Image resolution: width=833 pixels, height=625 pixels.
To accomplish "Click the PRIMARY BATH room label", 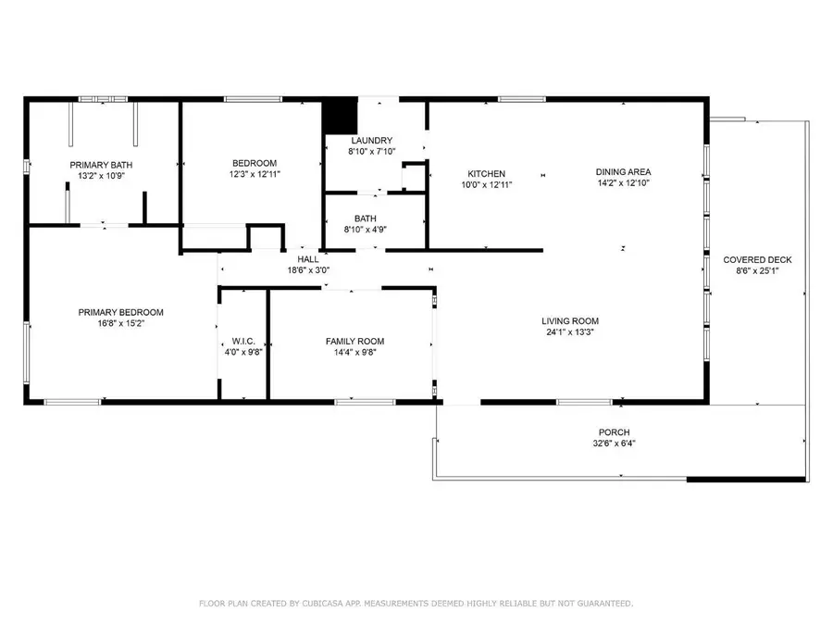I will [x=101, y=165].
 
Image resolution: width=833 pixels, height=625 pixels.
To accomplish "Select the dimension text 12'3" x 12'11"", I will [x=255, y=173].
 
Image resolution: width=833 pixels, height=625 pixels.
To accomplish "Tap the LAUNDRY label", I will [x=370, y=141].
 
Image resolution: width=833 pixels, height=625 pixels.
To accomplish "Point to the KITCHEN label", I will [x=486, y=173].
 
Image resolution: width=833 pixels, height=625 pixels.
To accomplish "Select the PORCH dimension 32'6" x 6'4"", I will [x=614, y=443].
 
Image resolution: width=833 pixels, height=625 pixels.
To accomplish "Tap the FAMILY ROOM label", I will [x=350, y=341].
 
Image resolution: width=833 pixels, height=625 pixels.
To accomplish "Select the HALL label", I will [x=307, y=260].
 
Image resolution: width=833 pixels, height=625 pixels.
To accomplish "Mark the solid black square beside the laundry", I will [x=339, y=117].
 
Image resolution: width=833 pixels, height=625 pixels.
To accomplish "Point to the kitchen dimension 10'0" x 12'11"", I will [x=486, y=184].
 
